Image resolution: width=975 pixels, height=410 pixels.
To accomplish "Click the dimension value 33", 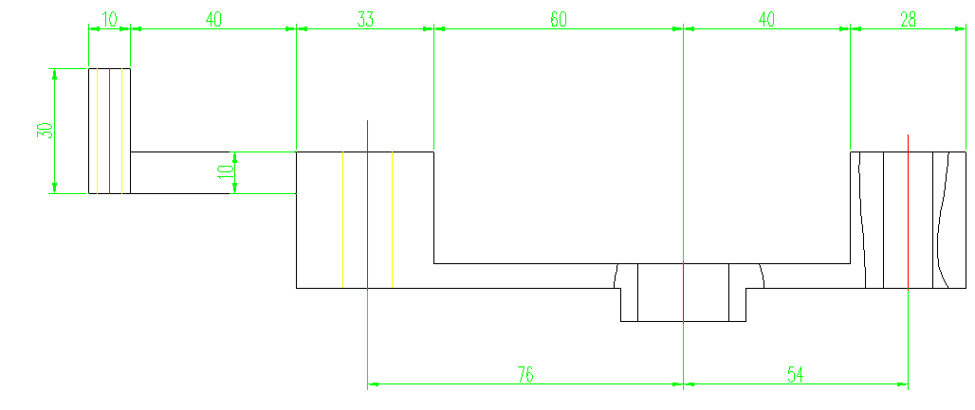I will tap(365, 19).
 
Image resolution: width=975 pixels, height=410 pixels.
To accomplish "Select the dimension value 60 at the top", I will tap(559, 19).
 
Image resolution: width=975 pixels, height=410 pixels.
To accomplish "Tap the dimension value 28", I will tap(908, 19).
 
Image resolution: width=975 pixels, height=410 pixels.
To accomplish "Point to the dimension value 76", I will tap(524, 375).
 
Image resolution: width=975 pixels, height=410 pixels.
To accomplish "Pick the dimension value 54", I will tap(795, 375).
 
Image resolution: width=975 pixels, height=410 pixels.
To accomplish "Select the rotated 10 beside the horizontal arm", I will tap(225, 172).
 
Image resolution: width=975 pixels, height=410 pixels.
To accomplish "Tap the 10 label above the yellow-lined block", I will tap(109, 19).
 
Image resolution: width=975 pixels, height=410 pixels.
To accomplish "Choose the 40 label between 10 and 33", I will tap(213, 19).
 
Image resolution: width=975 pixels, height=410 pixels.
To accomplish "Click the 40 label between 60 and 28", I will tap(766, 19).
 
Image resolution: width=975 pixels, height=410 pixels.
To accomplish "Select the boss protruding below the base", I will tap(683, 305).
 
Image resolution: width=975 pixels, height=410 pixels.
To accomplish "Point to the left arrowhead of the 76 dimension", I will tap(373, 384).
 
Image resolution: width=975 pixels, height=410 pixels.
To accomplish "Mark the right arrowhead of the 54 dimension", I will tap(902, 384).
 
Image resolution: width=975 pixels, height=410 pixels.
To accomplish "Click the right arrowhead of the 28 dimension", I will tap(960, 28).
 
